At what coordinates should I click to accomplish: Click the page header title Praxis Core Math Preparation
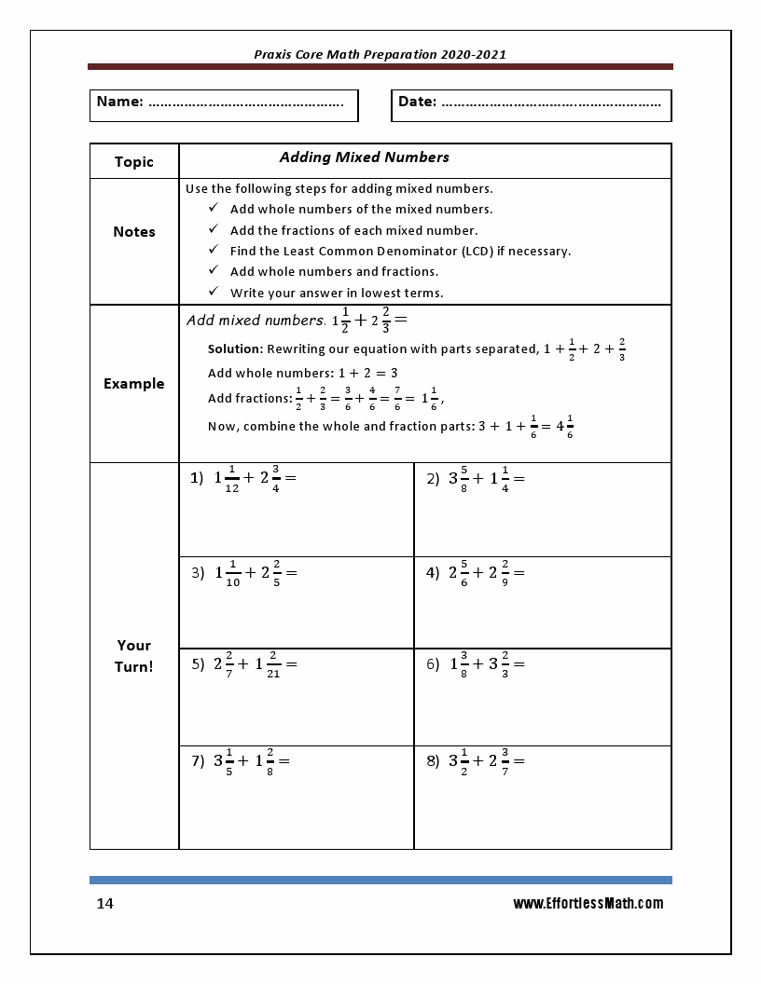pyautogui.click(x=380, y=54)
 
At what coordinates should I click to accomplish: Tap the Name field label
pyautogui.click(x=119, y=102)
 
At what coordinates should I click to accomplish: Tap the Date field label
pyautogui.click(x=417, y=102)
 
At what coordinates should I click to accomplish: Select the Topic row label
pyautogui.click(x=133, y=162)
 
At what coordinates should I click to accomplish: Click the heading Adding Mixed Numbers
pyautogui.click(x=364, y=157)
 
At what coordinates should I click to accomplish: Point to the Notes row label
pyautogui.click(x=133, y=232)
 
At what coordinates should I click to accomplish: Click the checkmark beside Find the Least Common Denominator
pyautogui.click(x=214, y=251)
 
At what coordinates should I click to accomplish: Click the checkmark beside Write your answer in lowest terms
pyautogui.click(x=214, y=293)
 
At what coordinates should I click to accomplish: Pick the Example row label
pyautogui.click(x=133, y=384)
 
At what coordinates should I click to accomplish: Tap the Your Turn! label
pyautogui.click(x=133, y=656)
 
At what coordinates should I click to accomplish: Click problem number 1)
pyautogui.click(x=197, y=478)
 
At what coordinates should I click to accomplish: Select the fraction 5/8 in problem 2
pyautogui.click(x=464, y=479)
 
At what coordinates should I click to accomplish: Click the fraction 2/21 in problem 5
pyautogui.click(x=272, y=664)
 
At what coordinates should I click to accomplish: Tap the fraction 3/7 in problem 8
pyautogui.click(x=505, y=760)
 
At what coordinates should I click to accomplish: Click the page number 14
pyautogui.click(x=105, y=904)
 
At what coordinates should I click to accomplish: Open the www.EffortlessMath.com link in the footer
pyautogui.click(x=588, y=903)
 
